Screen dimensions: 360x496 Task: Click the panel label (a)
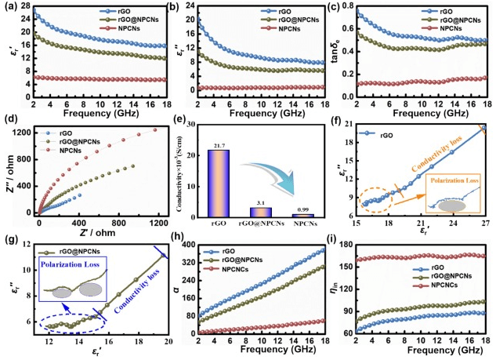[10, 7]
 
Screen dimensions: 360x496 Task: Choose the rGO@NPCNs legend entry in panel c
[454, 20]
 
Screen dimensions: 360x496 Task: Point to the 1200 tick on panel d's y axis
[24, 129]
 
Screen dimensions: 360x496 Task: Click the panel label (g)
[10, 239]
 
